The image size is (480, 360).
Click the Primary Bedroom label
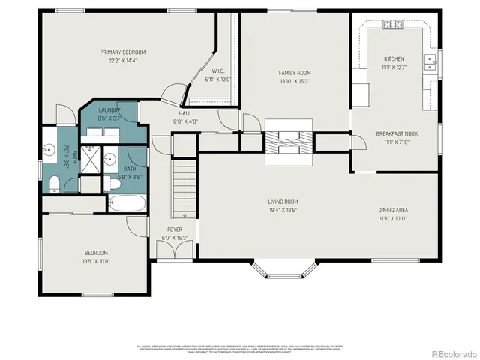point(123,52)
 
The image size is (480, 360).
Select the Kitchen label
point(394,58)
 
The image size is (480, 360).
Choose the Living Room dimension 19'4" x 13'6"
point(283,211)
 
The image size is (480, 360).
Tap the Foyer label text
point(175,229)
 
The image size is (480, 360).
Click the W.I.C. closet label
point(209,72)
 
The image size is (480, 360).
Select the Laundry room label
point(109,109)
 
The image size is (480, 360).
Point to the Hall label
point(184,112)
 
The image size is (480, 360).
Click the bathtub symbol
point(128,203)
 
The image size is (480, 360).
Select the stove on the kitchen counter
point(393,25)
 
